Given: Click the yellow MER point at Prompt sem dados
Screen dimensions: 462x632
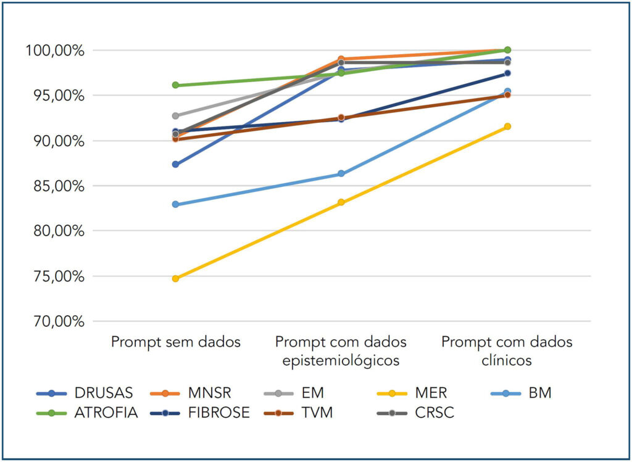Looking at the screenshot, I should [176, 278].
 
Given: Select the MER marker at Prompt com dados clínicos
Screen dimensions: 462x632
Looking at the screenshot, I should [507, 126].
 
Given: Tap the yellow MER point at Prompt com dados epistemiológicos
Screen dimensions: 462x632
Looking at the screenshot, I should [341, 202].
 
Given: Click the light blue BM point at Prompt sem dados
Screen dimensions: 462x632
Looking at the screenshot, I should [176, 204].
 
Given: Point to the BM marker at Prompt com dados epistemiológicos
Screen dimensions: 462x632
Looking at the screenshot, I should [341, 174].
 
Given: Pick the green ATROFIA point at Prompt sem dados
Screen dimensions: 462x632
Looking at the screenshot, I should [176, 85].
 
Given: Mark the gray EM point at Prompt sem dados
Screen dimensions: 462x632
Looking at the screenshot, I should [176, 116].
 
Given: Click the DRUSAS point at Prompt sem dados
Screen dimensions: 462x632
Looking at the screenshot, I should [176, 164].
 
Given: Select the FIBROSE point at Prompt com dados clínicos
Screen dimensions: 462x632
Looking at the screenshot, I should [507, 73].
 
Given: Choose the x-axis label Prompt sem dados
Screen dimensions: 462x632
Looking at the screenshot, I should [176, 342].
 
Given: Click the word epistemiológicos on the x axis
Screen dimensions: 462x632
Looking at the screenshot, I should [341, 361].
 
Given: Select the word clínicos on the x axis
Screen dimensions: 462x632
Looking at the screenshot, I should [507, 361].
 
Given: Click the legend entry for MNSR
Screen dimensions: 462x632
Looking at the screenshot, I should [213, 393].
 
